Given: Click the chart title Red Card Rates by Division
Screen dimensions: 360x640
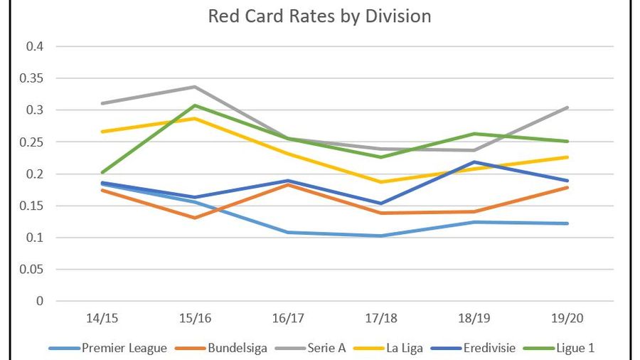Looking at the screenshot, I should click(x=319, y=16).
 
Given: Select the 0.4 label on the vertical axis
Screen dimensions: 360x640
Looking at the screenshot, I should click(x=36, y=46).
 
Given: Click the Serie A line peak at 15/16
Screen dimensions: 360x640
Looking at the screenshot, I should click(x=194, y=87).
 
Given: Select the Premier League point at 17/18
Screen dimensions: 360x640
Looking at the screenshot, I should click(x=380, y=235).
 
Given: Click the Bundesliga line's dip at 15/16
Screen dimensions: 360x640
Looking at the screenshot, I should click(x=194, y=218).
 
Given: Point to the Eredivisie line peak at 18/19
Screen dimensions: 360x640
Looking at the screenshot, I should click(x=473, y=162).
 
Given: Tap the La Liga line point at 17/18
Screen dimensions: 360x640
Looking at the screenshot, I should click(x=380, y=182).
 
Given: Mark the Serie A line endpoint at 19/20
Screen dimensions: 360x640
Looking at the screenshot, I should click(x=566, y=107).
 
